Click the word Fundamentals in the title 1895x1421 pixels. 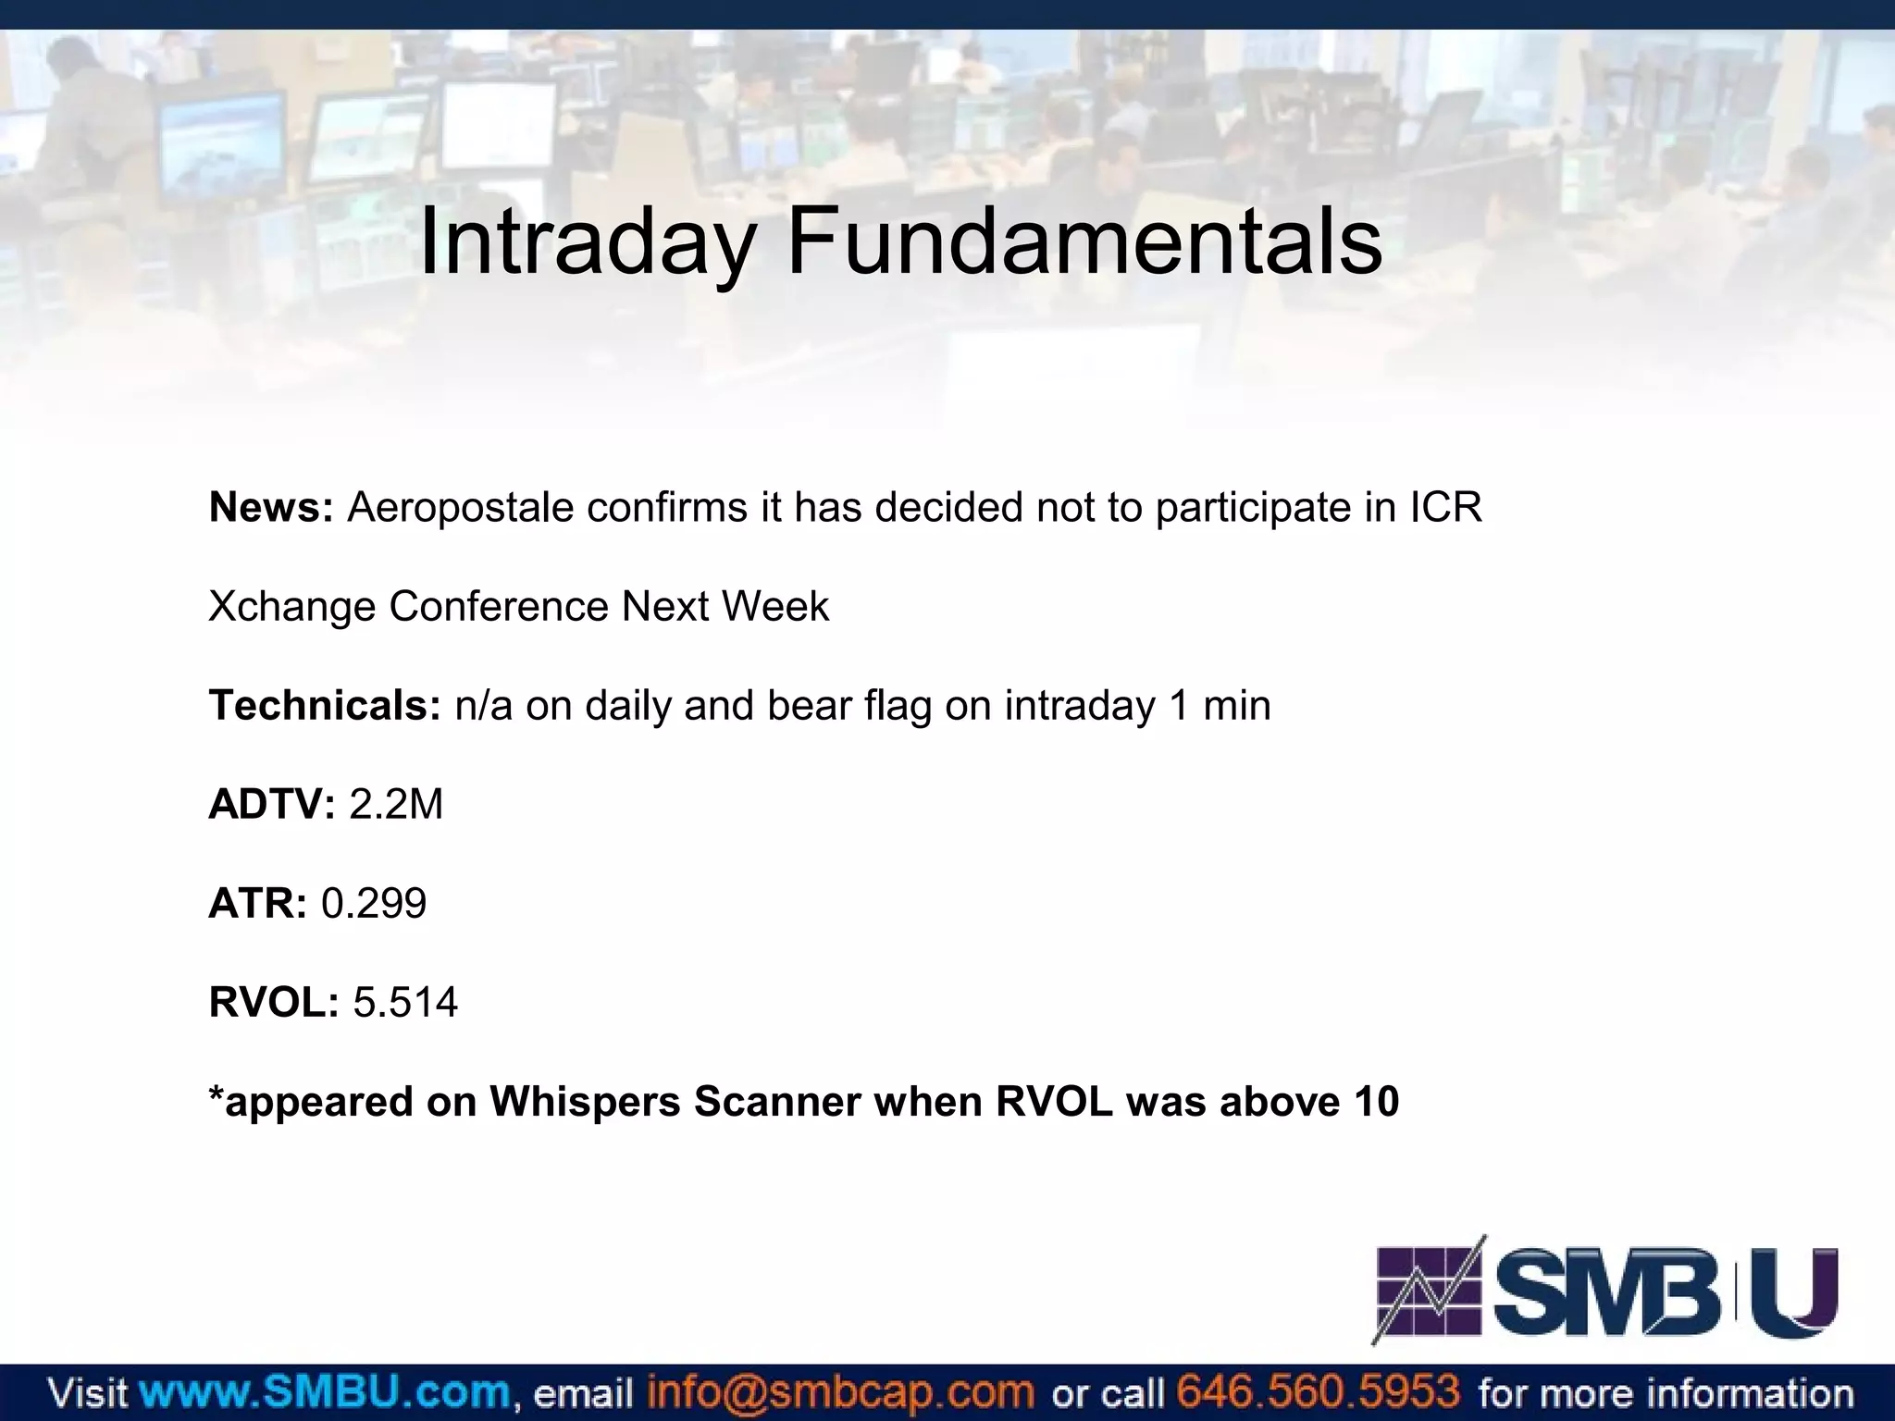coord(1084,242)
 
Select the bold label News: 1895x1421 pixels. coord(270,508)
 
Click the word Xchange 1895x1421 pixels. coord(291,607)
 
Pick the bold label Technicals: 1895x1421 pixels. coord(325,706)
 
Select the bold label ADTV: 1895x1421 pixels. coord(271,805)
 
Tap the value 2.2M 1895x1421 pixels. coord(396,805)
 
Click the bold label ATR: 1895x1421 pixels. coord(257,904)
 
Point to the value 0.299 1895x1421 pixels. coord(374,904)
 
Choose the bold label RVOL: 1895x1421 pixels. coord(274,1003)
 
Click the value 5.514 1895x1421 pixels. coord(405,1003)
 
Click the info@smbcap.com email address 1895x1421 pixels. coord(839,1391)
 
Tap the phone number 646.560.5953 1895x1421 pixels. coord(1318,1391)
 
